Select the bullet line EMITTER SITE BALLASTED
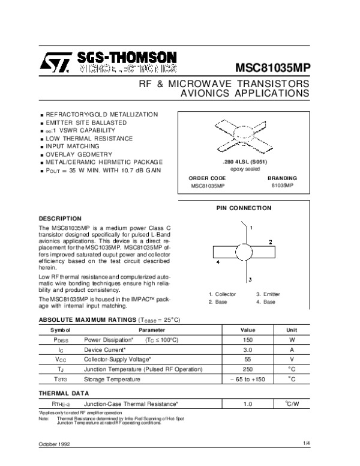point(86,122)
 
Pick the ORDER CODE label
point(207,178)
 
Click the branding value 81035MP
point(281,186)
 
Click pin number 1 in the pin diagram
point(252,228)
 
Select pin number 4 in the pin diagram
point(217,263)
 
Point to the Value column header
point(248,330)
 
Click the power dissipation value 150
point(248,340)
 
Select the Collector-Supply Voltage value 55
point(248,360)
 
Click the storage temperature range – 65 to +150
point(248,380)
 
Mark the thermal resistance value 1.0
point(248,404)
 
